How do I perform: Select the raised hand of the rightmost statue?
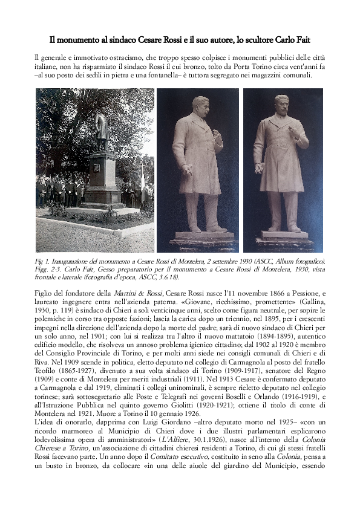(x=260, y=167)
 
